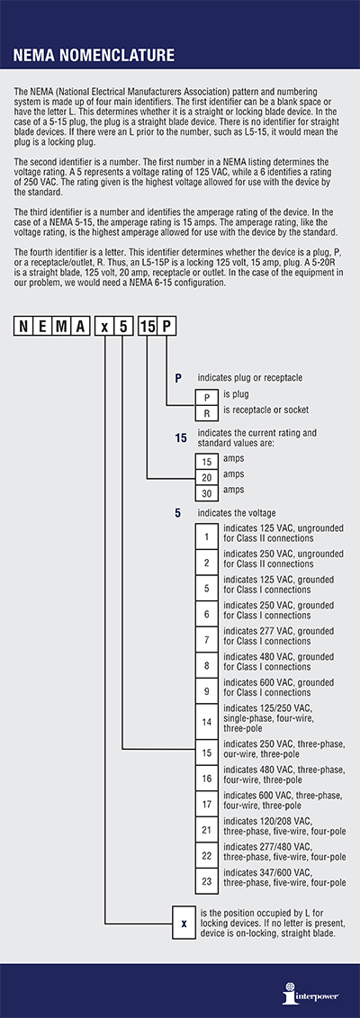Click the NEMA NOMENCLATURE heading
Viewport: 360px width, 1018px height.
(94, 56)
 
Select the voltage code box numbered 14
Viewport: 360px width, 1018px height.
(207, 721)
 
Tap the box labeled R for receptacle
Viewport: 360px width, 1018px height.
(207, 410)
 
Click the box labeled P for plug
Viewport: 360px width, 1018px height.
(207, 395)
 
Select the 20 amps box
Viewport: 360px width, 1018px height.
(207, 477)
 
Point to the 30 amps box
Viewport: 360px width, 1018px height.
(207, 493)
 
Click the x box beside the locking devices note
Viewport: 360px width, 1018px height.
(184, 923)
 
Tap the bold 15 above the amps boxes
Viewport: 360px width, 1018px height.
(182, 439)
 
